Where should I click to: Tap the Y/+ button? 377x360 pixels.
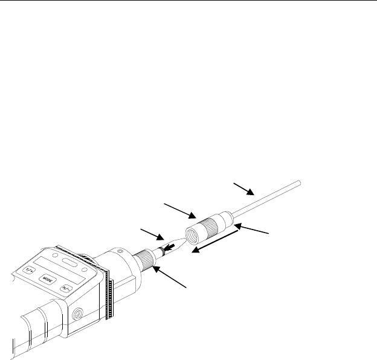point(28,271)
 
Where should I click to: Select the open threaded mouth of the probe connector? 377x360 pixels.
point(195,237)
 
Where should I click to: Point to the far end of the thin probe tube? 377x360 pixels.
point(300,182)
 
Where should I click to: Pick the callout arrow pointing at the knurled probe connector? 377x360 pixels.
point(178,211)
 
